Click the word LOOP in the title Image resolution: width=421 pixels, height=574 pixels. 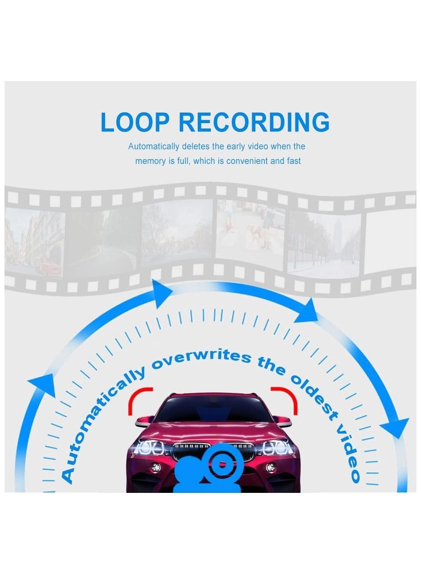[135, 122]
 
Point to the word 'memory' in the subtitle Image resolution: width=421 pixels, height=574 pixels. [150, 161]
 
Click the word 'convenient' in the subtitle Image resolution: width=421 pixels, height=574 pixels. [247, 161]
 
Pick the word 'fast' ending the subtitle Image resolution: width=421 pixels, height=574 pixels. [294, 161]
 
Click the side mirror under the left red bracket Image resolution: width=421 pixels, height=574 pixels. [142, 421]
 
